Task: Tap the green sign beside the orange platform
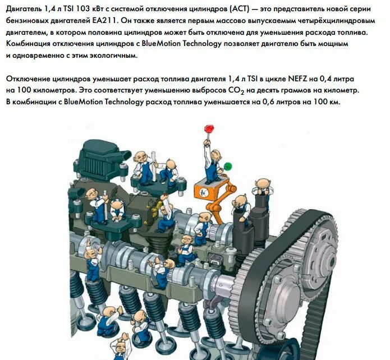(228, 166)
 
